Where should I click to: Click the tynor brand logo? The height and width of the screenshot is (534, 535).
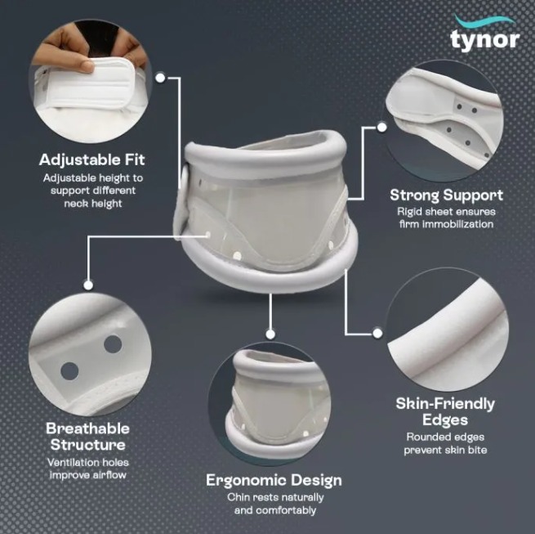point(484,35)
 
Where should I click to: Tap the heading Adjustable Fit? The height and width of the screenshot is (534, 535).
point(92,160)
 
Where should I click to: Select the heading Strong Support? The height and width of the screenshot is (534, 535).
point(446,195)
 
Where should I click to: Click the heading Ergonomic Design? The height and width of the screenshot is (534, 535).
point(274,480)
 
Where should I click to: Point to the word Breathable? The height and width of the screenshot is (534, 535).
point(87,429)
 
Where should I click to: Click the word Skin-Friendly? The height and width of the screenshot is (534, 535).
point(445,404)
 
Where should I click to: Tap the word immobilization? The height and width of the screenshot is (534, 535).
point(458,224)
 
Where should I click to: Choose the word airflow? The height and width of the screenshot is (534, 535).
point(108,475)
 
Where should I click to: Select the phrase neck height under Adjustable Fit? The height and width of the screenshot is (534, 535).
point(93,204)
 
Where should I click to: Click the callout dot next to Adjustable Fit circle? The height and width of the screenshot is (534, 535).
point(160,78)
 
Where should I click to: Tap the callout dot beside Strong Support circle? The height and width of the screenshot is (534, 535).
point(381,128)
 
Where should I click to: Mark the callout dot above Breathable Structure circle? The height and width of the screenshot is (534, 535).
point(88,285)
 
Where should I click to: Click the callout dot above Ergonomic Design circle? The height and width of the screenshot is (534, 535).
point(270,334)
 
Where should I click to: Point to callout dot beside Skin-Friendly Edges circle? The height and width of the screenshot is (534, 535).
point(377,333)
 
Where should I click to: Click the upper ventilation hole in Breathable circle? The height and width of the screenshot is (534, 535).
point(113,344)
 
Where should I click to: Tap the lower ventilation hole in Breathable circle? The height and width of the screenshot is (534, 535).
point(69,371)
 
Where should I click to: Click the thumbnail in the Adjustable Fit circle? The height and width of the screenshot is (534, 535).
point(83,65)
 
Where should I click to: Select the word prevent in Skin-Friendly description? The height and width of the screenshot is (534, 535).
point(422,451)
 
